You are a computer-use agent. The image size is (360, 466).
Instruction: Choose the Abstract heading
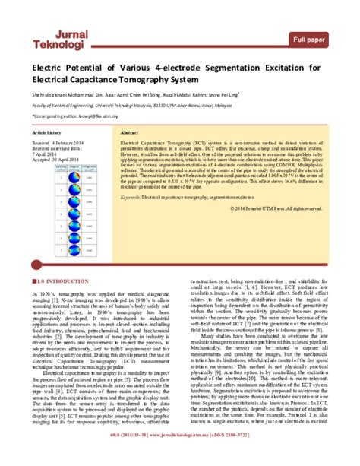point(129,132)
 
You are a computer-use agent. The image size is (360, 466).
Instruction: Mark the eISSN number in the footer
point(267,458)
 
